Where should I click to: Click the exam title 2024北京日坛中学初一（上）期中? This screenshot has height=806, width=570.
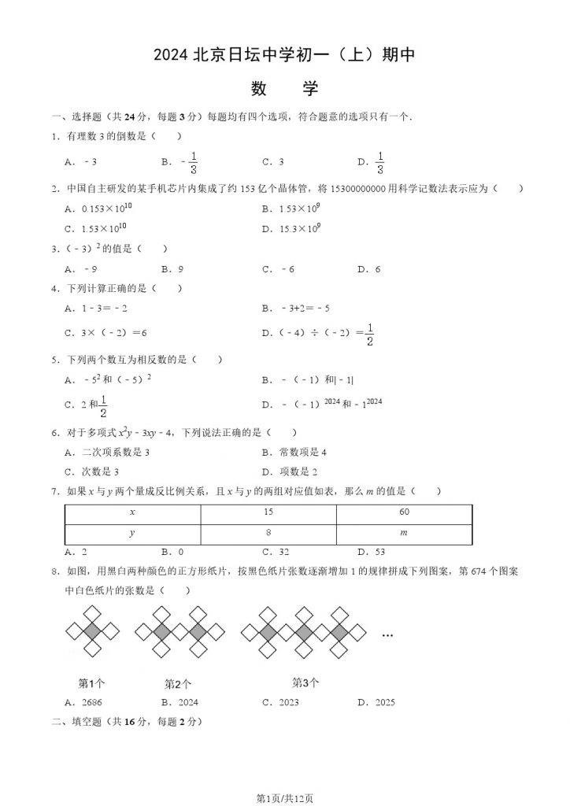(284, 55)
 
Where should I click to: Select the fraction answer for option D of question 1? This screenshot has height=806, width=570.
(379, 162)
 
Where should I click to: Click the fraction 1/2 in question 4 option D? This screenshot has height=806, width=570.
(369, 335)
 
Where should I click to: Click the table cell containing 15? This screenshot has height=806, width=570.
(268, 512)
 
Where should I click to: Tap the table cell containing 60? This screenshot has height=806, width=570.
(404, 512)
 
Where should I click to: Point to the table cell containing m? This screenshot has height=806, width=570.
(404, 533)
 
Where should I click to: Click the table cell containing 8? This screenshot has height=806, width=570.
(268, 533)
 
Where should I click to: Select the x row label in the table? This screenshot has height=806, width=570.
(132, 512)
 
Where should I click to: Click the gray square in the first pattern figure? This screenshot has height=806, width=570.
(93, 631)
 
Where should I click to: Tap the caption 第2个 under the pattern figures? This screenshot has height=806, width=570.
(178, 684)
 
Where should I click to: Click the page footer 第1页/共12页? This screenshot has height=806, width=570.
(284, 798)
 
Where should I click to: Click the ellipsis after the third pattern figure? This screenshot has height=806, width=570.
(387, 634)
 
